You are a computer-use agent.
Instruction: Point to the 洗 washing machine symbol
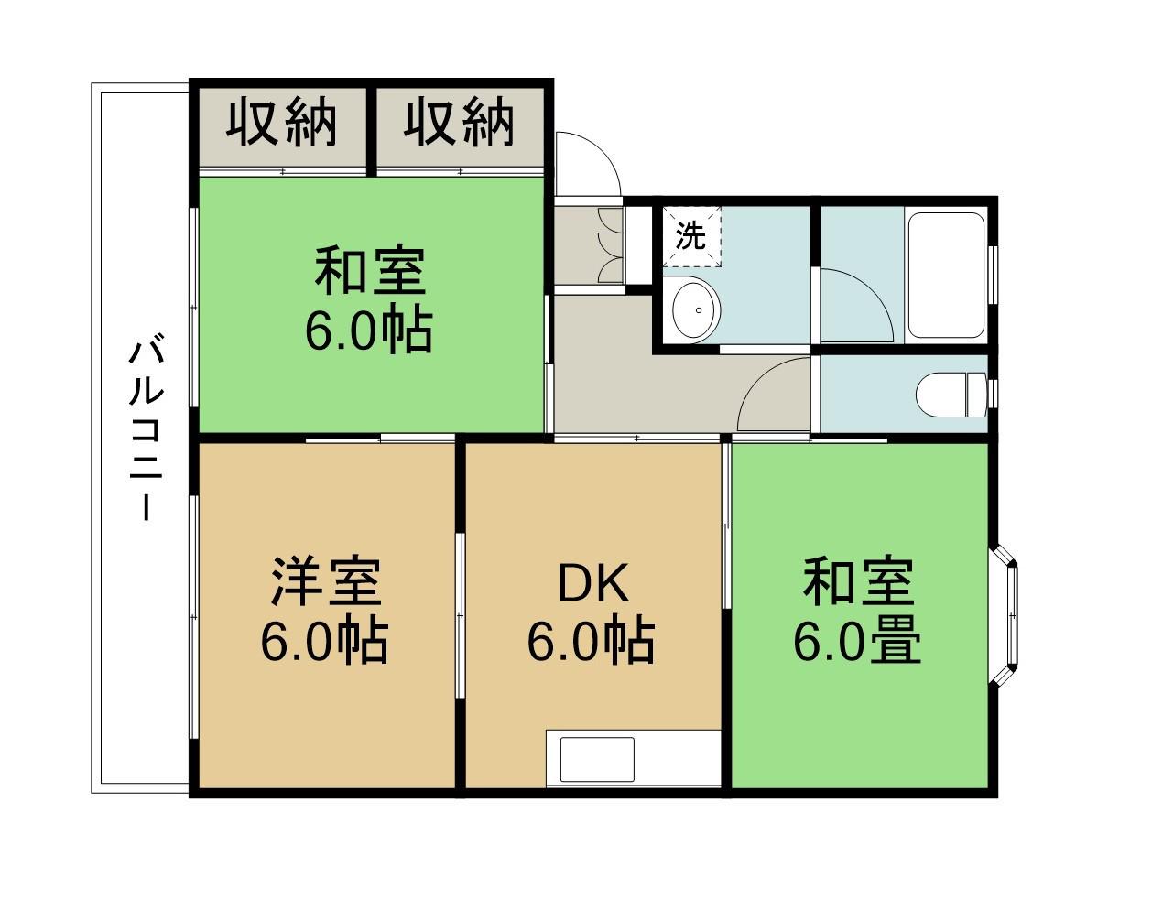pos(691,236)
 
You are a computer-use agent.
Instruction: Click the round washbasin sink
pos(697,309)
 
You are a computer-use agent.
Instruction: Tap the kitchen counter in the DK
pos(632,758)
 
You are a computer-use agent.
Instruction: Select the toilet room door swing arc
pos(774,394)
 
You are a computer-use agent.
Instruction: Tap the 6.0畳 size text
pos(857,643)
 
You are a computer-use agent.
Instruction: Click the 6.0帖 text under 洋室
pos(325,643)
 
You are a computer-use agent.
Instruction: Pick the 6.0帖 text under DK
pos(591,643)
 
